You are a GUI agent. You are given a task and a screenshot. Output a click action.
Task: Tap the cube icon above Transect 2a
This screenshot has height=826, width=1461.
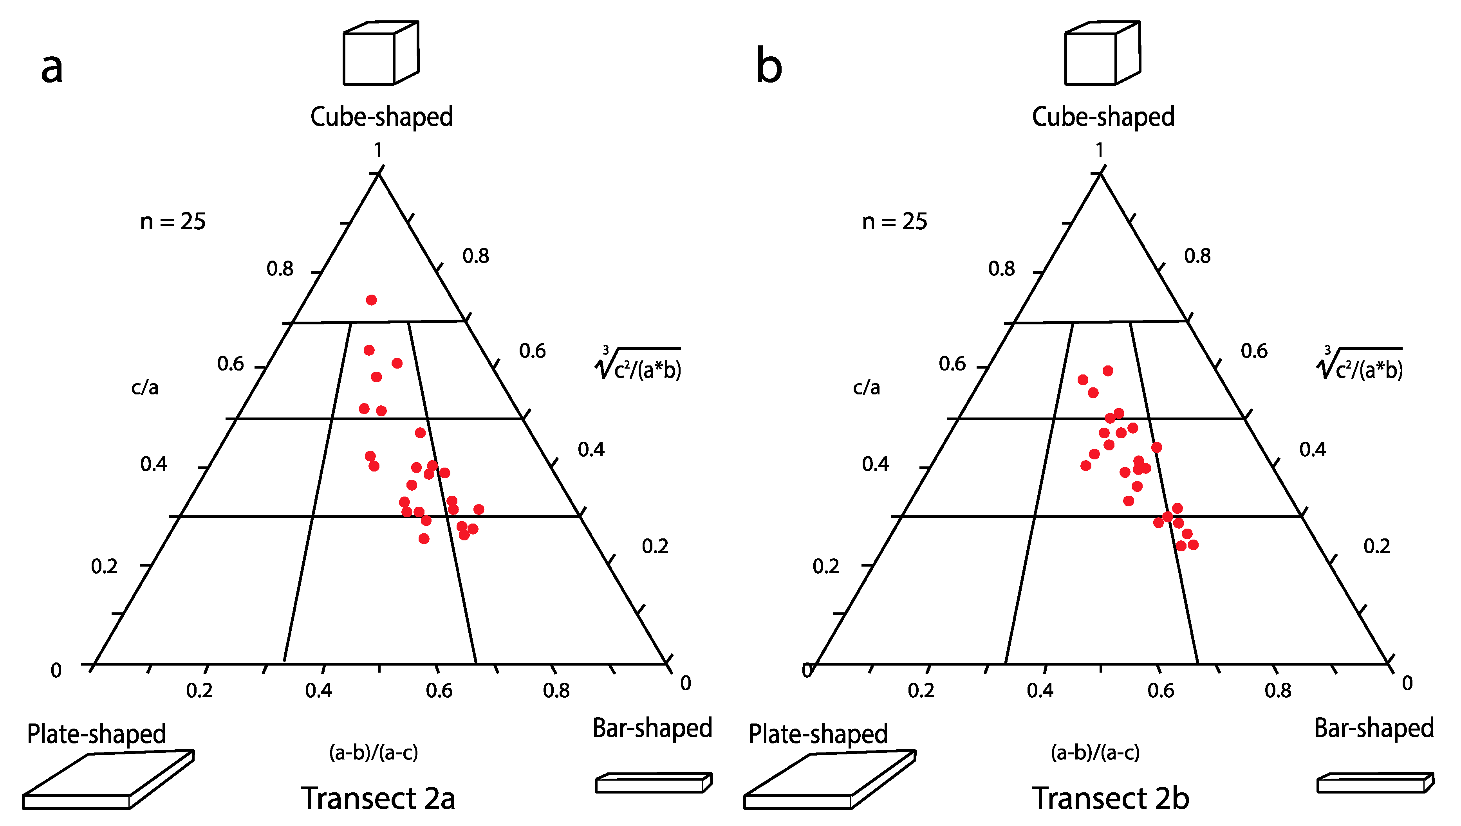381,53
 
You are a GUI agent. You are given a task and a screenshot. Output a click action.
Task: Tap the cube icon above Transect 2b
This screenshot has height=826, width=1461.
1102,53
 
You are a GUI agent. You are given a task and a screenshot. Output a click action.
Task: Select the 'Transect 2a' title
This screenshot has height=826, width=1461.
378,798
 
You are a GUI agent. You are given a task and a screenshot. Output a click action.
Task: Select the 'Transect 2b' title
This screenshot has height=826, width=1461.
1110,798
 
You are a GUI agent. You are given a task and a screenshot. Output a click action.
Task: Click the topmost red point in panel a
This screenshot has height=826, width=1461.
371,300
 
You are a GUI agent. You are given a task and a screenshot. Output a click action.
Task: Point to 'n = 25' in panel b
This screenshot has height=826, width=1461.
894,221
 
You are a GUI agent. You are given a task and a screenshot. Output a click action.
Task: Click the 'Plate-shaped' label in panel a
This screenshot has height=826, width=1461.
96,734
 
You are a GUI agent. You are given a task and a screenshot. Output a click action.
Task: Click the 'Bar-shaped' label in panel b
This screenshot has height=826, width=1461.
1374,728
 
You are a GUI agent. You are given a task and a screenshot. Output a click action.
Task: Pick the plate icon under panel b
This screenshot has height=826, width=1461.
829,780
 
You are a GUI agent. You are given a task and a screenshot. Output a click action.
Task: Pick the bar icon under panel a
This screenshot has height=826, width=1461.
653,783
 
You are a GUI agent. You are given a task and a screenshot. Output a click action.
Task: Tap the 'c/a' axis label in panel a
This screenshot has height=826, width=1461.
145,387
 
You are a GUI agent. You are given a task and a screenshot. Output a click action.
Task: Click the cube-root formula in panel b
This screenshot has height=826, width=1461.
1360,364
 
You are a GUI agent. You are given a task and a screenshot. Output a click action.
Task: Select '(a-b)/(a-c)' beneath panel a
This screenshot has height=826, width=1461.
374,752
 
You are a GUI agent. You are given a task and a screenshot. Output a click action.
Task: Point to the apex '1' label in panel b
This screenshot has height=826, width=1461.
1100,150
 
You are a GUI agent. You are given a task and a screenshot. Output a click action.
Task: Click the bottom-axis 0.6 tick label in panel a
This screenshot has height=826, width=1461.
439,690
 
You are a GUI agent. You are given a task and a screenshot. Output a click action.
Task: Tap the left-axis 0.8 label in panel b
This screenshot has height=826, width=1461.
1001,268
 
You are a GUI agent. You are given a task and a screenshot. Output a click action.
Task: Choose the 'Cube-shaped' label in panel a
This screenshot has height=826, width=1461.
381,117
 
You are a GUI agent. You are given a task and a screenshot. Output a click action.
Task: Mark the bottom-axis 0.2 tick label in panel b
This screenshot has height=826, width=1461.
921,690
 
